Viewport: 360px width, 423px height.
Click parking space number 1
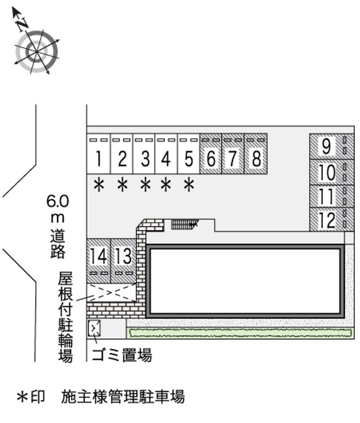[x=99, y=153]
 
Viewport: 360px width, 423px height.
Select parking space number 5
[x=189, y=153]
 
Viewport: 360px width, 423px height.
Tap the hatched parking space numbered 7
[x=233, y=153]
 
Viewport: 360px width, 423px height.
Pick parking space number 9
[x=332, y=147]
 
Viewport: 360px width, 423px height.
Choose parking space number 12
[x=332, y=219]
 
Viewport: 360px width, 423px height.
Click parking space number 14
[x=99, y=261]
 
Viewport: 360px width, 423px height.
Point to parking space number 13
[x=123, y=261]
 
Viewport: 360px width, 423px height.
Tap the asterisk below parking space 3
[x=145, y=185]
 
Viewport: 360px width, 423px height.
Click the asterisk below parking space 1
[x=99, y=185]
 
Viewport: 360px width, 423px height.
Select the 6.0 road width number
[x=58, y=201]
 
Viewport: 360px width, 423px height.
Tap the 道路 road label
[x=58, y=244]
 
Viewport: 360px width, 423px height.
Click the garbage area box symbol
[x=94, y=328]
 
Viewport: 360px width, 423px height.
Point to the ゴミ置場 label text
[x=122, y=355]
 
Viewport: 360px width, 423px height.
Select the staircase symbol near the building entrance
[x=184, y=224]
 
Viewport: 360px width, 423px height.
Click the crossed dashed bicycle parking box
[x=112, y=292]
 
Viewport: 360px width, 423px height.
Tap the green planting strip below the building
[x=240, y=333]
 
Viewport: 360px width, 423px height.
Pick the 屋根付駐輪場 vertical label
[x=66, y=317]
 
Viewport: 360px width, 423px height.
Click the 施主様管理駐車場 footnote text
[x=123, y=396]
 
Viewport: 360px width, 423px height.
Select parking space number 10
[x=332, y=172]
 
